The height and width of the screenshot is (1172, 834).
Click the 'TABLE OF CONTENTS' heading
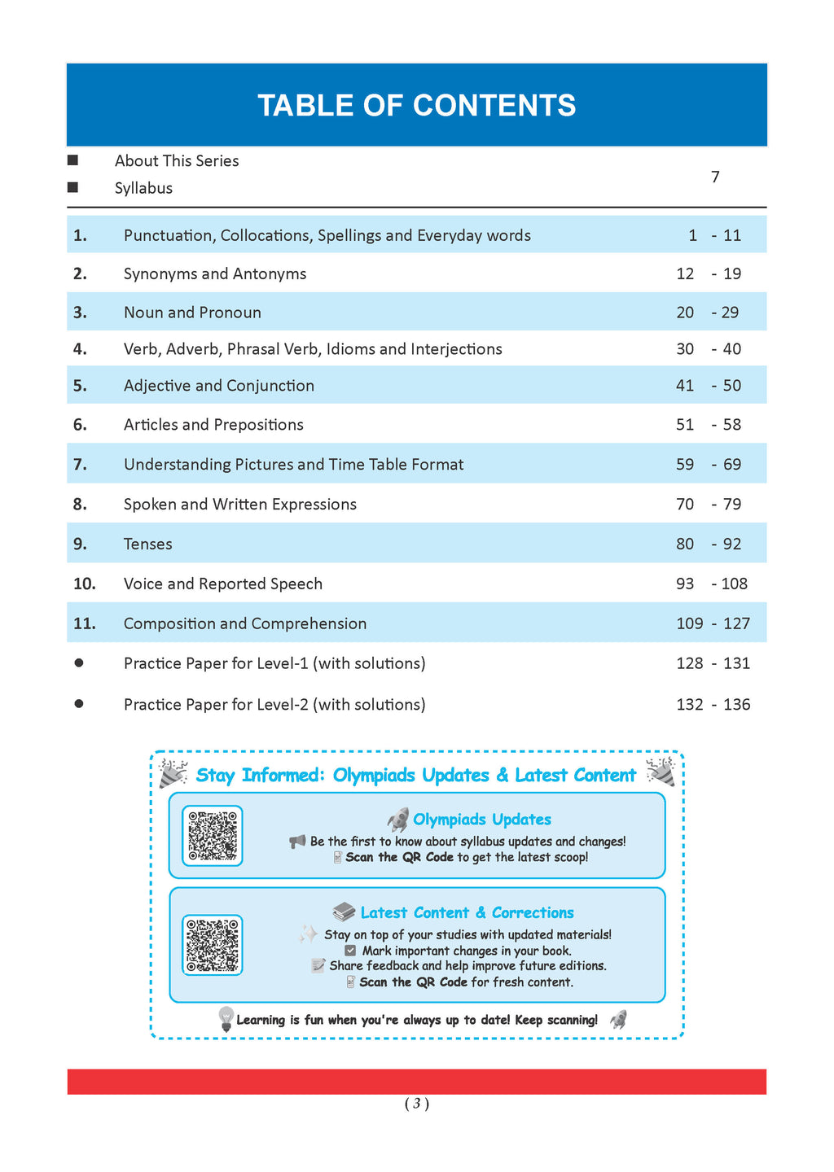(x=416, y=106)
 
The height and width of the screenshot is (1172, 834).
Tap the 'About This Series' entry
(x=177, y=161)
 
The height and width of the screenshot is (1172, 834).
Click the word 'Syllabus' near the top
(x=143, y=188)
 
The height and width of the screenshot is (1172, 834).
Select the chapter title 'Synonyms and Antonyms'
(x=215, y=274)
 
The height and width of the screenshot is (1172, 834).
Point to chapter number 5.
(x=80, y=386)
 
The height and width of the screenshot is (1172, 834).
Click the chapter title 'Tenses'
(x=147, y=544)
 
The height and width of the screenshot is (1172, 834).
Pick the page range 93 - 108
(x=711, y=584)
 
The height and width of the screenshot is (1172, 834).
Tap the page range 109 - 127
(x=713, y=624)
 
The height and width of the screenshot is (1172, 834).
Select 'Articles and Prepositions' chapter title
(x=213, y=425)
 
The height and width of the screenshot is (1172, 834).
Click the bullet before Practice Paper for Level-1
(x=79, y=663)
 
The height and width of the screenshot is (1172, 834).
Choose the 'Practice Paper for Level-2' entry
(x=274, y=705)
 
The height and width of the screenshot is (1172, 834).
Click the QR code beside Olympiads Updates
(x=213, y=836)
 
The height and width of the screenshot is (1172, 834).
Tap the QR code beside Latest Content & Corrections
(x=213, y=945)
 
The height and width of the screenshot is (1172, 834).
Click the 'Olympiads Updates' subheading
(x=482, y=820)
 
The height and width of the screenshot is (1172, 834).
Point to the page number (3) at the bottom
(x=416, y=1104)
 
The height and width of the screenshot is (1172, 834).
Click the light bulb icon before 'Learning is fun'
(x=226, y=1019)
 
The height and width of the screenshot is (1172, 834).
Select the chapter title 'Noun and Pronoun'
(x=192, y=313)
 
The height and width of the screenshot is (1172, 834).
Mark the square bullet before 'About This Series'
(x=72, y=160)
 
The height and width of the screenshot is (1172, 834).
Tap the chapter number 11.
(x=85, y=624)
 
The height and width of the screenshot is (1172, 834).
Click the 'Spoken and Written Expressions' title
(x=240, y=505)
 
